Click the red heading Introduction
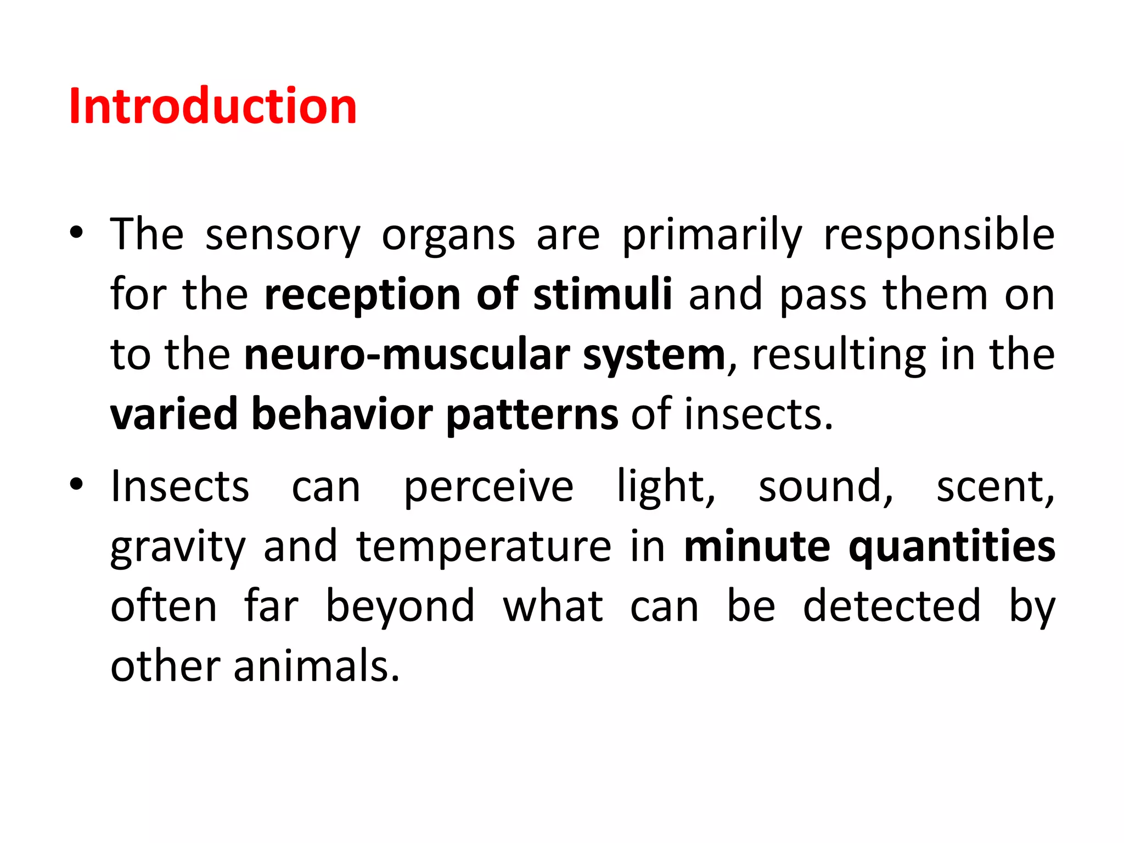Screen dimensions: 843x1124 213,106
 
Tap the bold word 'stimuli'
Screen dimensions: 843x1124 602,295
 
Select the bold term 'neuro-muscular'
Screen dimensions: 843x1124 407,355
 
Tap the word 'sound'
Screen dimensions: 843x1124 825,487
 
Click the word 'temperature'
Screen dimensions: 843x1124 484,547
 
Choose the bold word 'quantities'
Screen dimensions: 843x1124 952,547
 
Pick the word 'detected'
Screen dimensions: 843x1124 891,606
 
